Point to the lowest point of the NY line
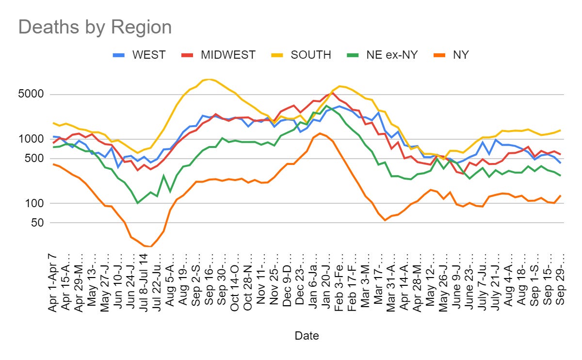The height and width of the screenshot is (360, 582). [x=151, y=246]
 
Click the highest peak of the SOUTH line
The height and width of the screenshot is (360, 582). [x=209, y=79]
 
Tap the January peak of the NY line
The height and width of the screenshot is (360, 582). [x=320, y=133]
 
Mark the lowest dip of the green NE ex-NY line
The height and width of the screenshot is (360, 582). [x=138, y=203]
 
